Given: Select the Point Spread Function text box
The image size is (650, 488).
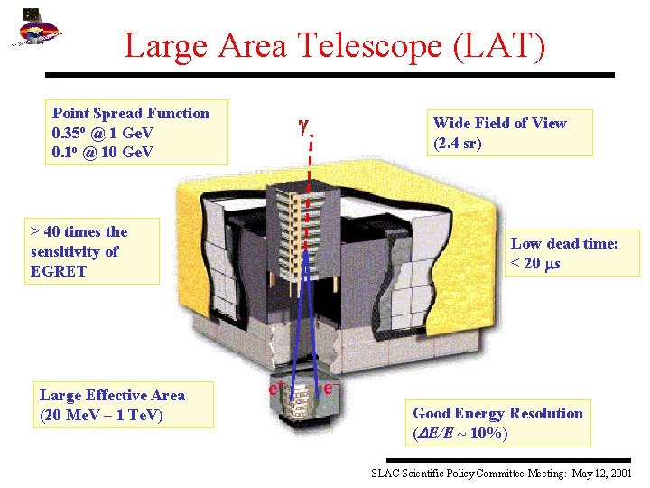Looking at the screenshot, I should point(138,132).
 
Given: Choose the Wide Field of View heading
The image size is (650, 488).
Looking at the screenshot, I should point(499,123).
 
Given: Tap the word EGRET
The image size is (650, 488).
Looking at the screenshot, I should point(59,271).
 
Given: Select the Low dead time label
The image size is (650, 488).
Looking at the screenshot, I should point(564,243).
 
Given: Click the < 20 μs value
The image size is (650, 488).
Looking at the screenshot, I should point(535,263).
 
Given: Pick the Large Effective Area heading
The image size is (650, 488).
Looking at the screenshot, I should point(112,395).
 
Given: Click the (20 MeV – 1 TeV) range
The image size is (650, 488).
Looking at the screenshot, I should point(101,415).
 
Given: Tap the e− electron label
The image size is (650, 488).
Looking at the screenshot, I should point(332,388).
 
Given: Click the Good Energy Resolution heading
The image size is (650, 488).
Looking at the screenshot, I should point(497,413).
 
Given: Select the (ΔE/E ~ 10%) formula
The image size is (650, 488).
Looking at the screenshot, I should point(460,433).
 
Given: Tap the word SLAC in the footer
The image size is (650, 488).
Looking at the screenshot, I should point(388,474).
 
